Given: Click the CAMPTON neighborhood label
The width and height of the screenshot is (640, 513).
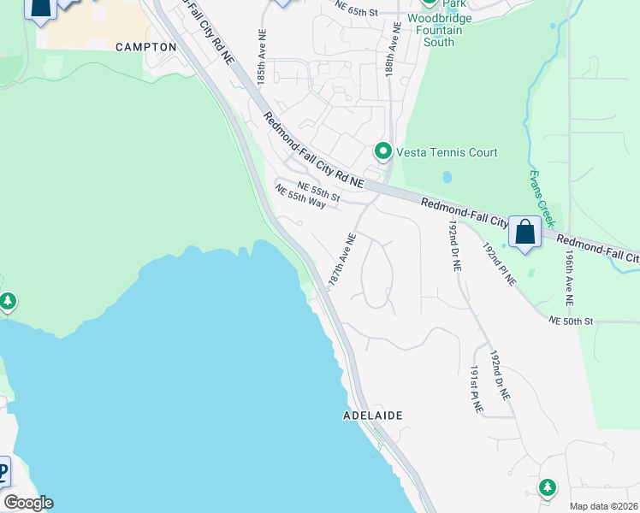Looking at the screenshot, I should [x=145, y=47].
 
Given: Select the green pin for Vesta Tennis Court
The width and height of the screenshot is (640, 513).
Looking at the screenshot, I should [x=383, y=151].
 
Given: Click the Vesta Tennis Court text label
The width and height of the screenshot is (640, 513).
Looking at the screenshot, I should [x=446, y=153].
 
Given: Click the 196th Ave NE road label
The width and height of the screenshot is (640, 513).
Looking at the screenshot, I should [x=566, y=277].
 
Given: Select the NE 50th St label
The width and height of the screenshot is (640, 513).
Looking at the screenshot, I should [x=571, y=321].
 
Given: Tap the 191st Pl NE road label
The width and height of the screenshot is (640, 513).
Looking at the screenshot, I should [x=476, y=390].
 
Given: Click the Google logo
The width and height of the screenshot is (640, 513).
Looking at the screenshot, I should [x=28, y=503].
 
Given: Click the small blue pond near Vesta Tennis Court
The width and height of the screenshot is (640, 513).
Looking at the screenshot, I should [x=447, y=178].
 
